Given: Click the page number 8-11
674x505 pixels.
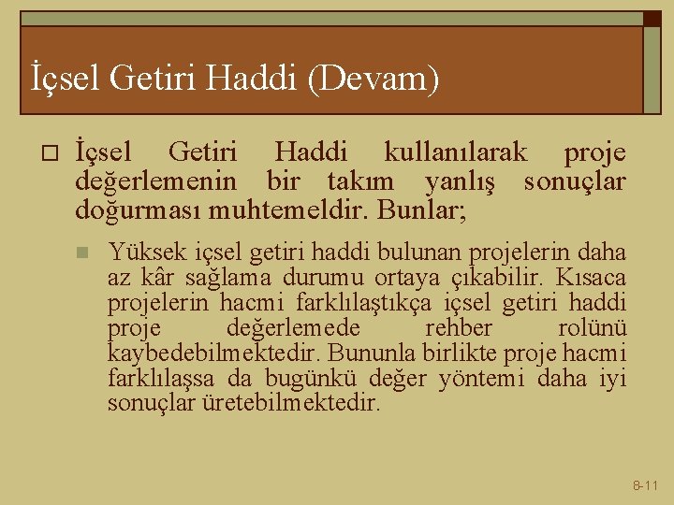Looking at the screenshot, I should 645,485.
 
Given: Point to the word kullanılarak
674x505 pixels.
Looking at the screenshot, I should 455,152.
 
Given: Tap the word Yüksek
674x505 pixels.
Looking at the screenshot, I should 139,251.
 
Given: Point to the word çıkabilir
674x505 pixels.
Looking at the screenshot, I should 513,277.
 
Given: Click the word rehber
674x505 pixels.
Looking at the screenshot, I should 458,328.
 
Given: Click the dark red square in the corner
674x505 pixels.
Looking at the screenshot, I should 651,18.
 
